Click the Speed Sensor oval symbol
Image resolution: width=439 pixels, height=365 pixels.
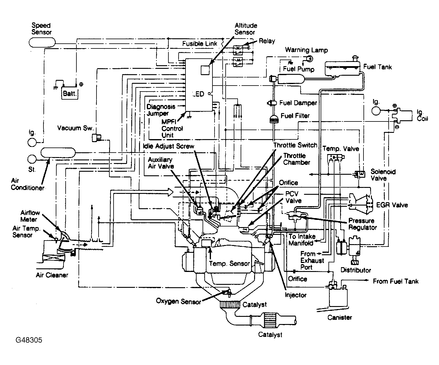[42, 42]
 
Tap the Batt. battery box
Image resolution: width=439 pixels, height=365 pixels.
[70, 93]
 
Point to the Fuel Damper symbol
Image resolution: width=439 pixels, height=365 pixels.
[272, 103]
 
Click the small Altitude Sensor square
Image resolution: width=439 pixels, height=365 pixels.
[205, 70]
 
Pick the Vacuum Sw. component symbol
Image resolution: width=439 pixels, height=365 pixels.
[96, 138]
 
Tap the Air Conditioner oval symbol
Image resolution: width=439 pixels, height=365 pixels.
[58, 153]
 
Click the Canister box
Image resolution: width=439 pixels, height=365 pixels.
[338, 298]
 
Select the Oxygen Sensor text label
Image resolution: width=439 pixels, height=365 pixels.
[178, 301]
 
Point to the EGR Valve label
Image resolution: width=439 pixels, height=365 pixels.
[392, 205]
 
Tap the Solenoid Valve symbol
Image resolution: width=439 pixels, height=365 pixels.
[360, 174]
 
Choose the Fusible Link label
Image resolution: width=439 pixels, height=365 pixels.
[200, 44]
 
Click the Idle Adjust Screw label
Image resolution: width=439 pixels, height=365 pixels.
[168, 146]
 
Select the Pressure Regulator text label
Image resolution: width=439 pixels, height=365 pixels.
[363, 224]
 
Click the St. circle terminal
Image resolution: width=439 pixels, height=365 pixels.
[32, 159]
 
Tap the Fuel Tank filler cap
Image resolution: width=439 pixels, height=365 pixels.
[355, 58]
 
